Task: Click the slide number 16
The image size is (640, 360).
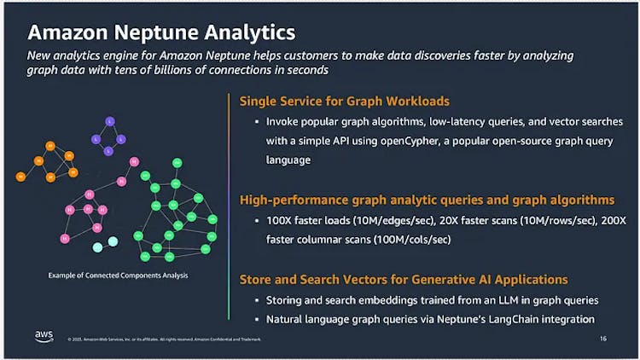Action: click(x=604, y=339)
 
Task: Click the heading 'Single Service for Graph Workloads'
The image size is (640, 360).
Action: click(x=344, y=101)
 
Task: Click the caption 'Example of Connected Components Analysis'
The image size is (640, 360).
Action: click(x=119, y=275)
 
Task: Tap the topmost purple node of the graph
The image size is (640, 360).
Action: click(x=110, y=120)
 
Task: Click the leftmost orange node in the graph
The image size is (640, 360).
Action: click(x=20, y=177)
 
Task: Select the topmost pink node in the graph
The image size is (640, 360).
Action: click(x=133, y=161)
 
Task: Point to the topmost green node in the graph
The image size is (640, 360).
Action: click(x=177, y=162)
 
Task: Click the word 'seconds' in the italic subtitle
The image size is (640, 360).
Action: click(x=305, y=71)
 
